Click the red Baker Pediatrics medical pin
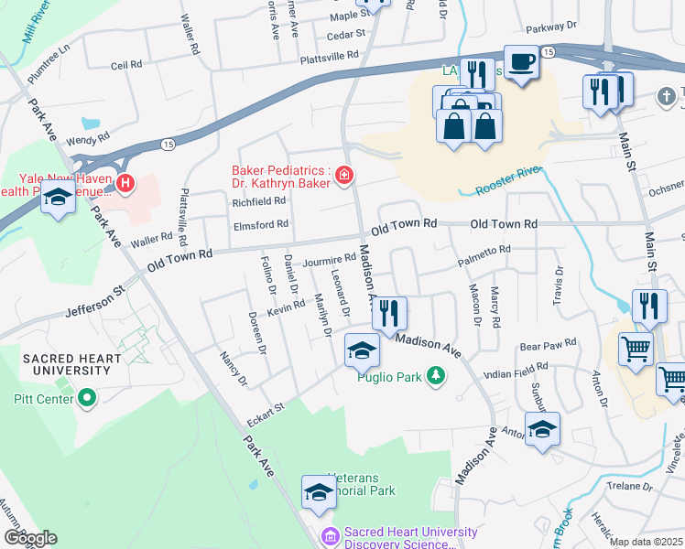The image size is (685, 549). pyautogui.click(x=344, y=174)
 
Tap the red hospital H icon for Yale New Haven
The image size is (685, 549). pyautogui.click(x=124, y=186)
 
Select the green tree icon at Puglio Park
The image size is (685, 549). pyautogui.click(x=438, y=375)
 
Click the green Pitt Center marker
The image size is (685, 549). pyautogui.click(x=87, y=398)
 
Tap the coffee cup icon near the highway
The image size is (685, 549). pyautogui.click(x=521, y=62)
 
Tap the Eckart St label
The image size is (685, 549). pyautogui.click(x=266, y=414)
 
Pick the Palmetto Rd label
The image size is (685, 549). pyautogui.click(x=484, y=256)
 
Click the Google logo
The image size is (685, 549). pyautogui.click(x=30, y=538)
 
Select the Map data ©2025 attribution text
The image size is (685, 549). pyautogui.click(x=646, y=542)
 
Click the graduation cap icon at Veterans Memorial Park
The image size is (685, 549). pyautogui.click(x=318, y=492)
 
